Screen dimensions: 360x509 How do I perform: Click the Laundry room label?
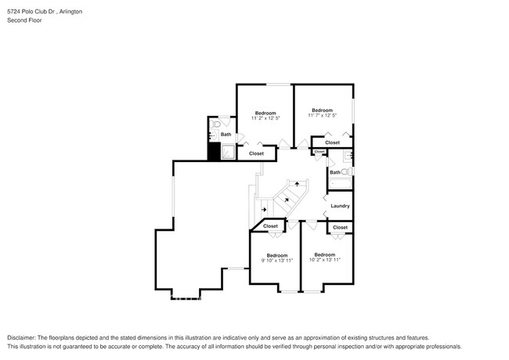(x=340, y=206)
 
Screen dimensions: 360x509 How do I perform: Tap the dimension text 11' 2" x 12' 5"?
(x=265, y=117)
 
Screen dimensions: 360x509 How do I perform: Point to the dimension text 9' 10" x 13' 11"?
(x=277, y=260)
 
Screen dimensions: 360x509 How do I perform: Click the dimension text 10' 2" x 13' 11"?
(x=325, y=259)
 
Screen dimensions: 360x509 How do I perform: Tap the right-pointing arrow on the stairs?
(x=264, y=210)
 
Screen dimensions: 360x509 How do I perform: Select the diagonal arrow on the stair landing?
(x=287, y=200)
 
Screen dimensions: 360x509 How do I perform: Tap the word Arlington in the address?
(x=70, y=13)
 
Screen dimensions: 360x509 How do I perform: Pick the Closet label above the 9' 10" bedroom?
(x=270, y=226)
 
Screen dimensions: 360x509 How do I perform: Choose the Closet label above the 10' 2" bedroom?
(x=340, y=227)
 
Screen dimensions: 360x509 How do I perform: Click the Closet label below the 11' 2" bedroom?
(x=256, y=153)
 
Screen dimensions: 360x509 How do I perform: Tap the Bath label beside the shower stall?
(x=226, y=135)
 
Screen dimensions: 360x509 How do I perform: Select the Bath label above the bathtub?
(x=334, y=172)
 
